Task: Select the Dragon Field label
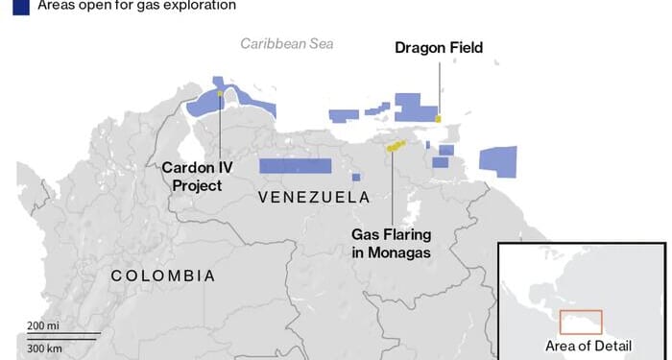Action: click(440, 47)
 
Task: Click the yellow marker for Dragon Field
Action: click(438, 118)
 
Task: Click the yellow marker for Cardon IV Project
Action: click(220, 93)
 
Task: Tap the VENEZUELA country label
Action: click(314, 197)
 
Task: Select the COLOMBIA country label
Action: click(163, 276)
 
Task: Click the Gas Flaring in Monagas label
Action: click(391, 243)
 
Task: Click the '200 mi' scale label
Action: click(43, 326)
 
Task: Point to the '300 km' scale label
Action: click(44, 347)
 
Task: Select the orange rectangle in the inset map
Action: click(581, 322)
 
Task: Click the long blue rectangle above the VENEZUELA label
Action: click(295, 165)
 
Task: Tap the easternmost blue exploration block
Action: click(498, 161)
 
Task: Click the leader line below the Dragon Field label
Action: click(440, 86)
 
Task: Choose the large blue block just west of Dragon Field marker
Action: click(414, 106)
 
